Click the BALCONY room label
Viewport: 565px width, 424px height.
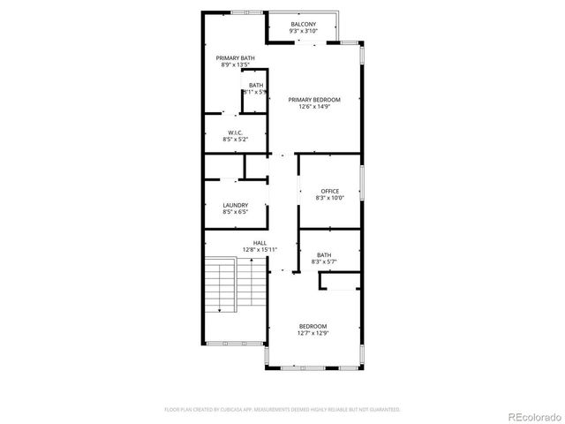point(303,24)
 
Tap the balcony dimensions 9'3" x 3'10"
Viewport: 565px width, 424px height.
point(303,31)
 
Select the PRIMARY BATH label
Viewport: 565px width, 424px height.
point(230,58)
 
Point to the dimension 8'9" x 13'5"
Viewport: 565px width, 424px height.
point(230,65)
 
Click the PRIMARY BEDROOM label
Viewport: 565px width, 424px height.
point(314,100)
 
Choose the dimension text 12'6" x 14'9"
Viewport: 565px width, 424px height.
point(314,107)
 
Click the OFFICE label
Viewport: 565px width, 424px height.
point(329,191)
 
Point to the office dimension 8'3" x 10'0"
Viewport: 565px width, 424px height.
point(329,198)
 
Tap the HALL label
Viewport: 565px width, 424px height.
point(260,242)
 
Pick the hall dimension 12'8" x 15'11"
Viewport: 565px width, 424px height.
point(260,249)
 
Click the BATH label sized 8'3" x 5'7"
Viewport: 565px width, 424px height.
point(324,254)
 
